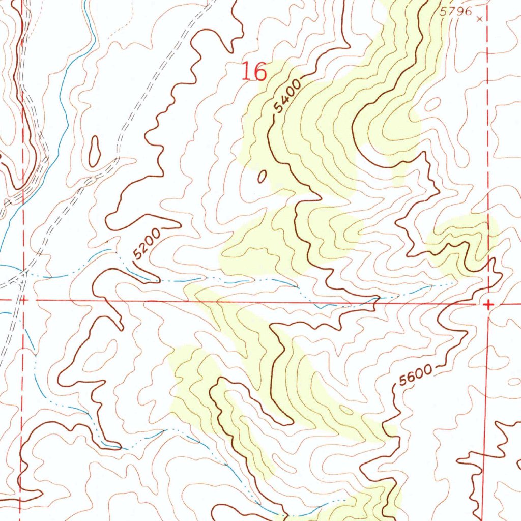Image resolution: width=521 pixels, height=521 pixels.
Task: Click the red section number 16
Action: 253,71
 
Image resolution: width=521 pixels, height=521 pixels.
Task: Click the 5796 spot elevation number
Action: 456,12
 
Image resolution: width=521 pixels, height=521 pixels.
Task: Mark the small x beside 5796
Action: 479,19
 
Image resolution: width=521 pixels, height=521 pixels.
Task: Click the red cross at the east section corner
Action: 488,305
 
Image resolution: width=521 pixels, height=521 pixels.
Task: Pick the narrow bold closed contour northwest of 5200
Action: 94,151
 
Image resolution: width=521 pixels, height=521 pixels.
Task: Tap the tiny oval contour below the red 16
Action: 262,177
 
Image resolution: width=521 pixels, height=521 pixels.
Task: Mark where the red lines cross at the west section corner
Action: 21,300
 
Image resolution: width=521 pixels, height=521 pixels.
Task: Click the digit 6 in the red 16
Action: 259,72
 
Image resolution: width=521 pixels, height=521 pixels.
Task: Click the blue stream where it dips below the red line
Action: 326,306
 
